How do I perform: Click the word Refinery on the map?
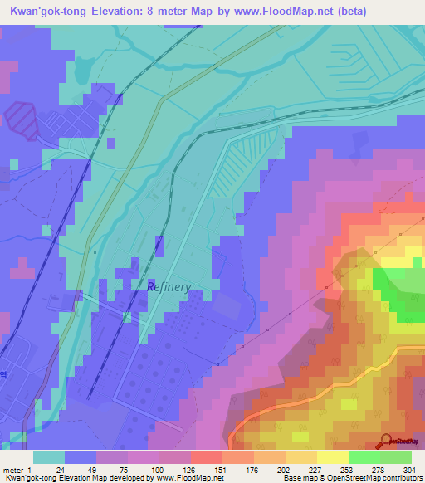point(169,287)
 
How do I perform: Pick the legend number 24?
point(60,470)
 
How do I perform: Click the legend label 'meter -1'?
point(17,470)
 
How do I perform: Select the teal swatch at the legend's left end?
point(49,457)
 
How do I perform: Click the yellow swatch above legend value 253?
point(333,457)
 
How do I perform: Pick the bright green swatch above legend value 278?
point(364,457)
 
